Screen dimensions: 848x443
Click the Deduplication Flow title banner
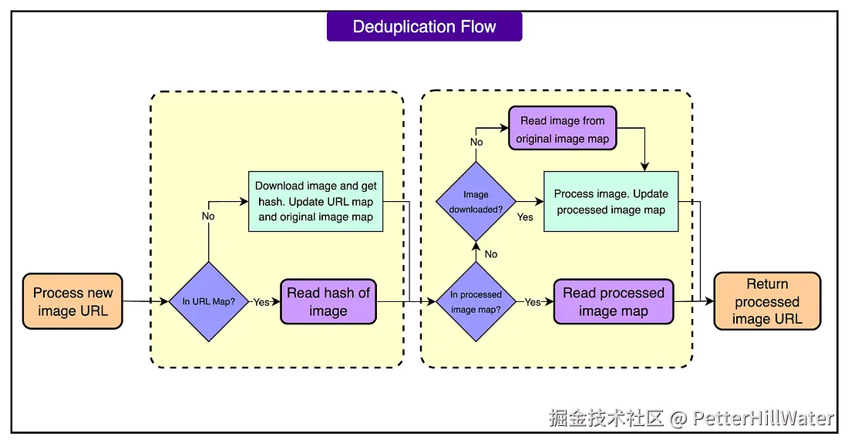point(425,26)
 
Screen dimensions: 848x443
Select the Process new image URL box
point(72,301)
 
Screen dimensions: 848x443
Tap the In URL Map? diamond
point(209,301)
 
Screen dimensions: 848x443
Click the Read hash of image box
point(328,301)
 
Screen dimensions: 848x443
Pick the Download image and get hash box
point(316,202)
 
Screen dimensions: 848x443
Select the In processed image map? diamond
point(476,301)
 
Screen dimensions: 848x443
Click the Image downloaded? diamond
point(476,202)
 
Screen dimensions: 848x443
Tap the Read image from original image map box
point(563,129)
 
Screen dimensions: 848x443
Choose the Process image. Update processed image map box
point(611,202)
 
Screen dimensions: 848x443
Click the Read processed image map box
point(614,301)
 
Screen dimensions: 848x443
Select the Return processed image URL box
point(767,301)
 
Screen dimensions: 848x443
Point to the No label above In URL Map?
point(208,216)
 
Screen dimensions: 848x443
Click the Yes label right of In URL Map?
point(261,302)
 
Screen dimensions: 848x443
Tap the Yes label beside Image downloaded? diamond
point(525,216)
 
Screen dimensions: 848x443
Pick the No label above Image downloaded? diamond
point(476,142)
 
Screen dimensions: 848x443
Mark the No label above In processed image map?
point(491,254)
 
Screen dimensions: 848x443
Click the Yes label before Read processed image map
point(533,302)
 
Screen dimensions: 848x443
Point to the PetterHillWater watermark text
point(763,418)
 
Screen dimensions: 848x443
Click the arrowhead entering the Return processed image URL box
point(709,301)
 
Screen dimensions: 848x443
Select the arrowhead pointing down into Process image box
point(644,167)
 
